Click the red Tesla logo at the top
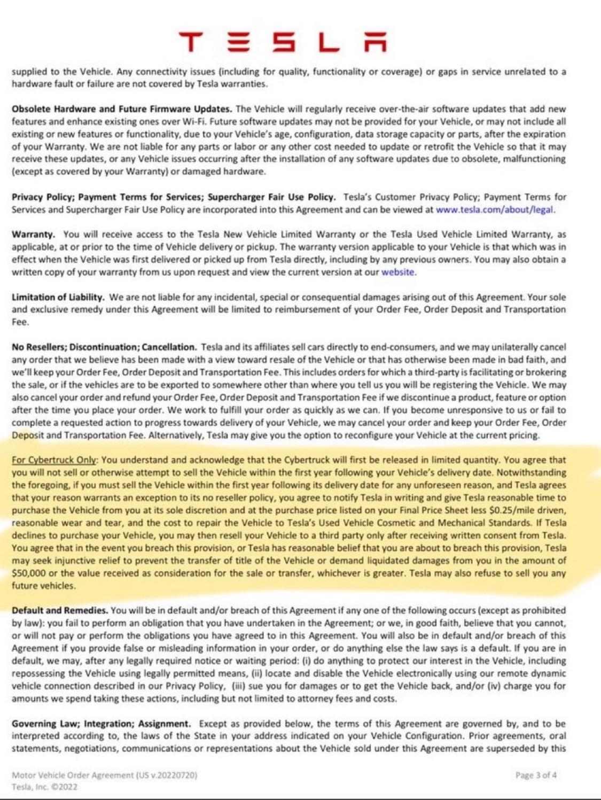pos(283,42)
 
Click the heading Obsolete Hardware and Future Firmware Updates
pos(122,109)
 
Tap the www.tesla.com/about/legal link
pos(495,209)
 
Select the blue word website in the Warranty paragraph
pos(397,272)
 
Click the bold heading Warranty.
pos(33,235)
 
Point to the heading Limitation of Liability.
pos(58,297)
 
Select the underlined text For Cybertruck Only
pos(54,460)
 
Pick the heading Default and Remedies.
pos(60,610)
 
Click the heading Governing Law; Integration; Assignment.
pos(101,724)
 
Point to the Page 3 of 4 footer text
pos(536,775)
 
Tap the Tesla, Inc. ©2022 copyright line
pos(44,787)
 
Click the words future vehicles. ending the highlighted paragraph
pos(44,586)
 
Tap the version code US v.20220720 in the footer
pos(168,775)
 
